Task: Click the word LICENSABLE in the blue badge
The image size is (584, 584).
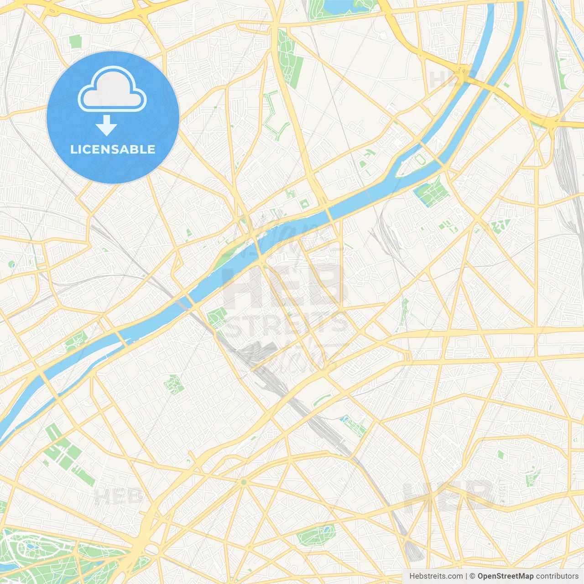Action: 113,149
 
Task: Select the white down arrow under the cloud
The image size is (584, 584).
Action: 106,125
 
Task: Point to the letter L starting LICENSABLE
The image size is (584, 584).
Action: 73,149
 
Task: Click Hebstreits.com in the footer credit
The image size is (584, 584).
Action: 436,576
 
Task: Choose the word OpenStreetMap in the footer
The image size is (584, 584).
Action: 505,576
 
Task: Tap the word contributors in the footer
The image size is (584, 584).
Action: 557,576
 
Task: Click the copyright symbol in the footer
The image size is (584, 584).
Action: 473,576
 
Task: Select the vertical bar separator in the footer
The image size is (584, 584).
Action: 466,576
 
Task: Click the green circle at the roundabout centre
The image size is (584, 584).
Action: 244,482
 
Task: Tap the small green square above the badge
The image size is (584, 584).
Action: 75,42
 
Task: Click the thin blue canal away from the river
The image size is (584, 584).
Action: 568,18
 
